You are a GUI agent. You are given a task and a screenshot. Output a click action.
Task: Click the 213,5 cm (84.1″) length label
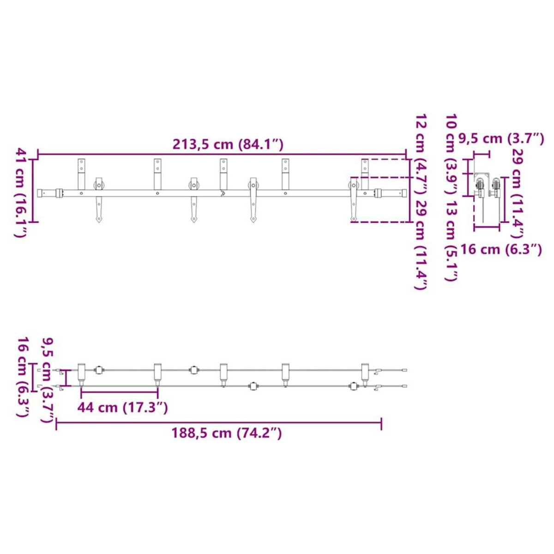228,145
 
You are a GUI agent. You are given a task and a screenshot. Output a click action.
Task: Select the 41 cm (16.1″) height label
21,193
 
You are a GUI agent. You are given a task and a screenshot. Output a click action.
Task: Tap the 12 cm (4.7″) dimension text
421,155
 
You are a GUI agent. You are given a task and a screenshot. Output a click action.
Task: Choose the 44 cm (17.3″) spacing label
122,407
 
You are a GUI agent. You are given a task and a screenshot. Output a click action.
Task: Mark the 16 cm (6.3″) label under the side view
501,249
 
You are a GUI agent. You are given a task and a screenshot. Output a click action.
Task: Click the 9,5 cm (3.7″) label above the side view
501,139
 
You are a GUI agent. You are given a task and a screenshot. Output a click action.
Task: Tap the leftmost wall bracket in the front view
81,174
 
